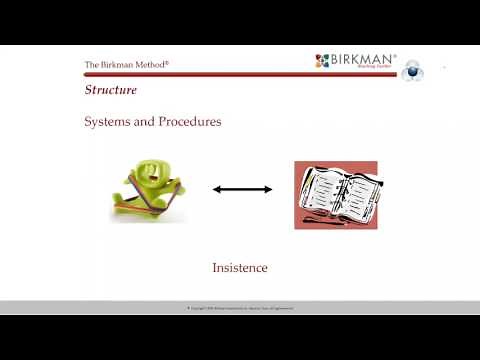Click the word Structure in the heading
pos(110,91)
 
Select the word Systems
pos(106,122)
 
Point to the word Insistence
pos(240,268)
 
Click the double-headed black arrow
pos(242,188)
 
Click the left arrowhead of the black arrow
pos(215,188)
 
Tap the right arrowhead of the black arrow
pos(268,188)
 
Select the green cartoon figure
pos(148,188)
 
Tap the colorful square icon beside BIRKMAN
pos(322,61)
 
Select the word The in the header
pos(91,66)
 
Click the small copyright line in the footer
pos(240,308)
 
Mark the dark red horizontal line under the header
pos(240,74)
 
